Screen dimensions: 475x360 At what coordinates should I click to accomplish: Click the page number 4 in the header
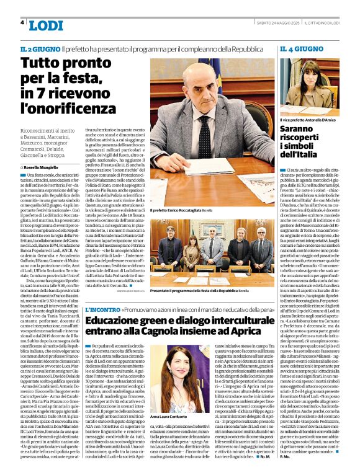coord(23,22)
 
